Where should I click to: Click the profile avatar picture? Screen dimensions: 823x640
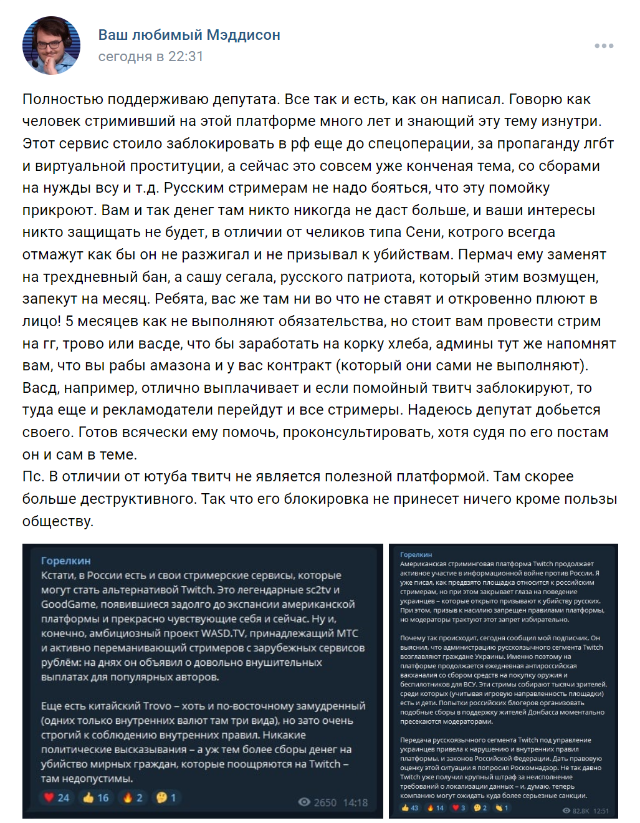(x=51, y=46)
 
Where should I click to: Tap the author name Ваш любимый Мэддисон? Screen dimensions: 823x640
(x=189, y=35)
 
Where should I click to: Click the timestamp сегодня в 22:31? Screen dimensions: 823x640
(x=150, y=56)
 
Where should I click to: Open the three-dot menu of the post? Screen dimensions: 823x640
(x=604, y=46)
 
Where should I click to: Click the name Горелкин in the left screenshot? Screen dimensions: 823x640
(x=65, y=561)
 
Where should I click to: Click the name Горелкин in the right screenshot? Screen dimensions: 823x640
(x=416, y=554)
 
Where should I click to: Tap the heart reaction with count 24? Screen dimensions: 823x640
(x=57, y=797)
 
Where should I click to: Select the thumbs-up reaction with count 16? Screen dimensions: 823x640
(x=95, y=797)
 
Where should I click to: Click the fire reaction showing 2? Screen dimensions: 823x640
(x=133, y=797)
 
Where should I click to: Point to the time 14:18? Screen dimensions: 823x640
(x=355, y=802)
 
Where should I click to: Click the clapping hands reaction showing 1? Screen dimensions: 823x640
(x=502, y=808)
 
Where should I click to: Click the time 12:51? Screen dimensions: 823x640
(x=601, y=811)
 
